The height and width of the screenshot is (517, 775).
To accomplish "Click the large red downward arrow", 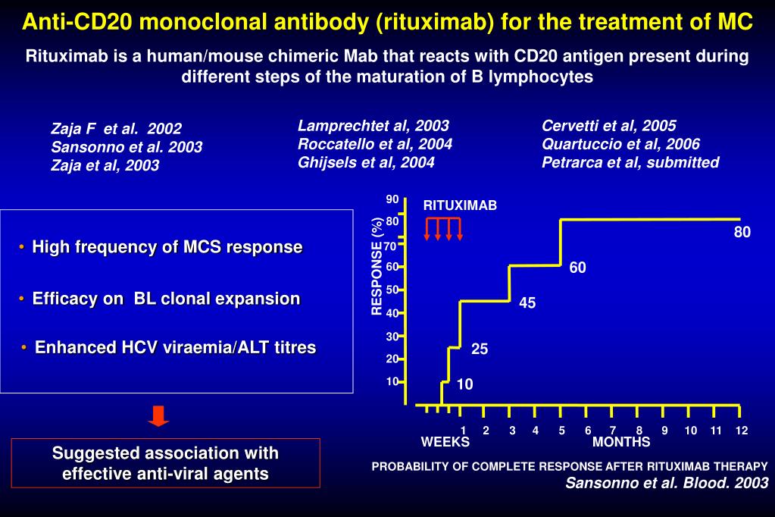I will (x=158, y=416).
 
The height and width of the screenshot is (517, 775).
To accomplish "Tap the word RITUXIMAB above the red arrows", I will (x=460, y=205).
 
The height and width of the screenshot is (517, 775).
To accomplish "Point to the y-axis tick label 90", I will (x=392, y=199).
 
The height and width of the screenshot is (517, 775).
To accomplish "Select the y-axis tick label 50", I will (x=392, y=290).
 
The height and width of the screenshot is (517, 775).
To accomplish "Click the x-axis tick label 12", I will (x=741, y=431).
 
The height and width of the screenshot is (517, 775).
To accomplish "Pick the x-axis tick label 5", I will (x=562, y=431).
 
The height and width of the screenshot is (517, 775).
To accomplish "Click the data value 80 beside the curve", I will (x=742, y=233).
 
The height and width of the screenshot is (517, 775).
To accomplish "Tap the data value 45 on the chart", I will (x=527, y=303).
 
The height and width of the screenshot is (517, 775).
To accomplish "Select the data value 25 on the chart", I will (x=480, y=349).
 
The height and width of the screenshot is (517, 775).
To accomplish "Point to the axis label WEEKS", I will (x=445, y=442).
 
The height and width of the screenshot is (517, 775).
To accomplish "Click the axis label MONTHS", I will (x=621, y=442).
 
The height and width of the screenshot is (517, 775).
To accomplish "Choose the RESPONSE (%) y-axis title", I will (x=377, y=265).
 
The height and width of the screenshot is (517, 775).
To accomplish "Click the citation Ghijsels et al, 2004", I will (x=366, y=162).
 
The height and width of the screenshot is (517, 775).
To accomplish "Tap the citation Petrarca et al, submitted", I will (x=630, y=162).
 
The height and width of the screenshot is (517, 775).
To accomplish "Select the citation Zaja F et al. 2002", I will (x=116, y=129).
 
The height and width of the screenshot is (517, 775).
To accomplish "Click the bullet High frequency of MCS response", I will (x=167, y=247).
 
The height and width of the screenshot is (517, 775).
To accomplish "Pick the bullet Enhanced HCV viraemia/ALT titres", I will (x=175, y=347).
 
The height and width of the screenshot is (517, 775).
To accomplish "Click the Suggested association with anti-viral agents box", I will (x=166, y=463).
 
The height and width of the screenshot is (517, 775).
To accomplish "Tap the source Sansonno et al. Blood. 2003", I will (x=667, y=483).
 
